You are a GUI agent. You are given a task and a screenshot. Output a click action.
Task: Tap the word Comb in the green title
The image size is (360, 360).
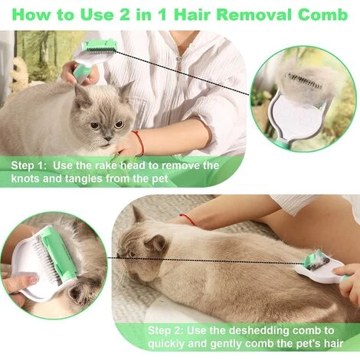point(322,15)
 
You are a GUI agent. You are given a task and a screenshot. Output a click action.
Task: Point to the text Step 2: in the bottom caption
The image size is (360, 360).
point(165,331)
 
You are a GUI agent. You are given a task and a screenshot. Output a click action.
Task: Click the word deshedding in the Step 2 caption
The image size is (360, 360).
point(259,331)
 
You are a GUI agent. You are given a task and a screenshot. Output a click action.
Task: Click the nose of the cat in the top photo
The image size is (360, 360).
point(108,139)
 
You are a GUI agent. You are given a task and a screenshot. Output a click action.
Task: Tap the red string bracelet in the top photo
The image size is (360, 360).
point(139,142)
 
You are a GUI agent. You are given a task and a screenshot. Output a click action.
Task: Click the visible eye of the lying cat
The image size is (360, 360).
point(132,254)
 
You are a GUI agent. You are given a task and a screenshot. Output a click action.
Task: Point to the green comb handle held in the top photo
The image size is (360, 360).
point(82,74)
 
